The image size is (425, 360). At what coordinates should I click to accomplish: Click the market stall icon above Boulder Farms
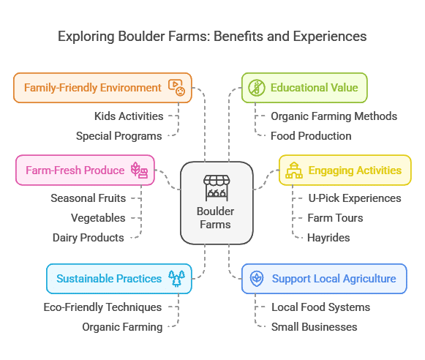(x=217, y=188)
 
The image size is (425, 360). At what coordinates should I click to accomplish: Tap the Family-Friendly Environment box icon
(x=177, y=88)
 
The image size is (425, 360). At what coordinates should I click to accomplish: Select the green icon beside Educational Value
(x=257, y=88)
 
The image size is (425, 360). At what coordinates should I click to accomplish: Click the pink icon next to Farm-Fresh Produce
(x=139, y=170)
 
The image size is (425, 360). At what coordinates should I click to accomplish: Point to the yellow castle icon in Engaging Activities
(x=294, y=170)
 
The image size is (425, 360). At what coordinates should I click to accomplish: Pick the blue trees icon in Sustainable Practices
(x=177, y=278)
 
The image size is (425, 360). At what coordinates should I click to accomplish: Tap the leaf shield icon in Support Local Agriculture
(x=257, y=278)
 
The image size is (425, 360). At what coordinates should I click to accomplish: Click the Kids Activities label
(x=129, y=116)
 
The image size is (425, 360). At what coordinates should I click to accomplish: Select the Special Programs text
(x=119, y=136)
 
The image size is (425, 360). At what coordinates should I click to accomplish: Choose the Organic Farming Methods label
(x=334, y=116)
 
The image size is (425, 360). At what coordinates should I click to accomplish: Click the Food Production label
(x=311, y=136)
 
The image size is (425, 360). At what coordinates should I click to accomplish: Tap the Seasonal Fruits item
(x=88, y=198)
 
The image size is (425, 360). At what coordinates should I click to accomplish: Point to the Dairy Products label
(x=88, y=238)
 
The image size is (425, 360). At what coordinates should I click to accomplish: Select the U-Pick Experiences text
(x=355, y=198)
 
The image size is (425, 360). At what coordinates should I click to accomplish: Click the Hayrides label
(x=328, y=238)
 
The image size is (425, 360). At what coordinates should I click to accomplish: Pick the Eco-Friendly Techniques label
(x=102, y=307)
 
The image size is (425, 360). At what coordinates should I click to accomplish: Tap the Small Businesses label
(x=314, y=327)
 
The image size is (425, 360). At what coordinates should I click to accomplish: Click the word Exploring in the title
(x=86, y=37)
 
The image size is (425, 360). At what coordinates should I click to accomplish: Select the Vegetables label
(x=98, y=218)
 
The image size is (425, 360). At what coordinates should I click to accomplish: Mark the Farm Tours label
(x=335, y=218)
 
